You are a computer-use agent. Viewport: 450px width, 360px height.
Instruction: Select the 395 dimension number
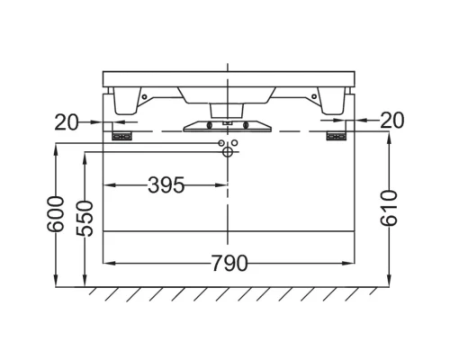point(166,185)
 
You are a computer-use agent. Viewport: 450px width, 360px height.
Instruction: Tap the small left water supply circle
point(220,144)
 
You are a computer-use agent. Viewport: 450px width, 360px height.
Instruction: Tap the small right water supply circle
point(236,144)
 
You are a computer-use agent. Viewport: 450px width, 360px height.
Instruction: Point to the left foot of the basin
point(122,101)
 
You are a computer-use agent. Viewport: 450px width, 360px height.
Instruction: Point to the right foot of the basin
point(332,101)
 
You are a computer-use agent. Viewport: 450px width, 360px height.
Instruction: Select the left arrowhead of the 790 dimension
point(111,264)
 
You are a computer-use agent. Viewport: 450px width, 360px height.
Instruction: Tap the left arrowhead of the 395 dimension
point(111,185)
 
